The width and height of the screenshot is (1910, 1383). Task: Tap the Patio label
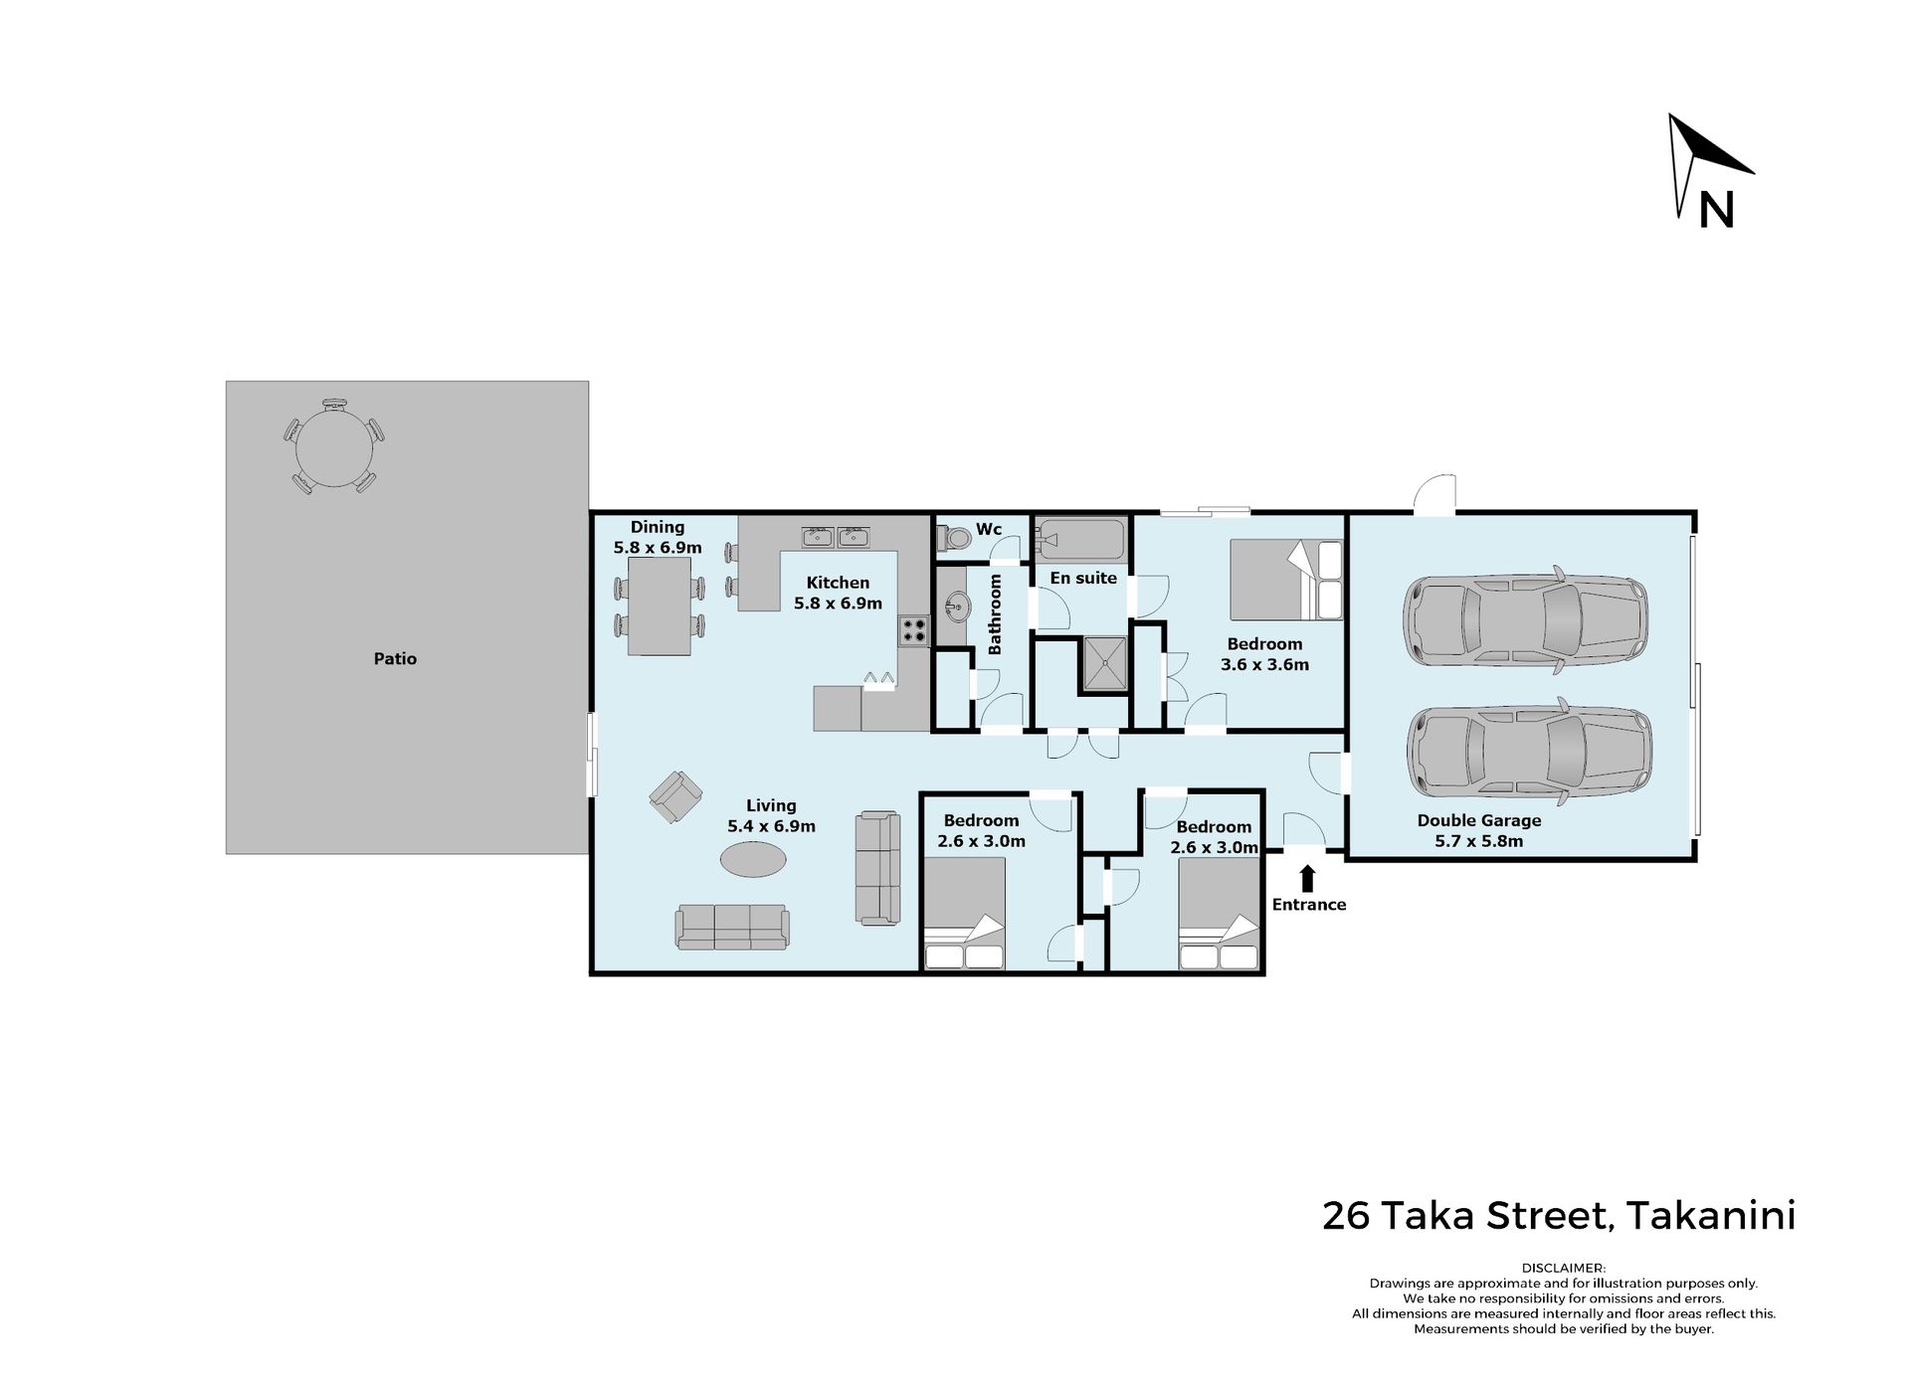point(395,658)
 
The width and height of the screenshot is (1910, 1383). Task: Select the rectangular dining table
point(660,605)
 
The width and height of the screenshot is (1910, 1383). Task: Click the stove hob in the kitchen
point(913,630)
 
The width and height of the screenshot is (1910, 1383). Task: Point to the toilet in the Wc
point(954,538)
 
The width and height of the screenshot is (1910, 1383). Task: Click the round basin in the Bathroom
point(957,605)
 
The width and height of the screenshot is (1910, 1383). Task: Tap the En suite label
point(1083,578)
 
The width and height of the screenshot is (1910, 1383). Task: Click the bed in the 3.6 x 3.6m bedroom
point(1286,580)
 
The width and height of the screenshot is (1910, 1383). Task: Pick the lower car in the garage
point(1530,752)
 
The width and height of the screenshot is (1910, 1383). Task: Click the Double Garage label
point(1479,820)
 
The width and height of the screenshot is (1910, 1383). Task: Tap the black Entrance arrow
point(1307,878)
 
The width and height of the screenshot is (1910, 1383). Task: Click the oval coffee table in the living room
point(753,859)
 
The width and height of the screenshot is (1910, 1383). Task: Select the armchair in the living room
point(675,796)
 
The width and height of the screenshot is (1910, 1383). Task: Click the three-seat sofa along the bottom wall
point(732,927)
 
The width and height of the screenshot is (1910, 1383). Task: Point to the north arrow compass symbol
point(1709,169)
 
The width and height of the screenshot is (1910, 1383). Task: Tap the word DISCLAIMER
point(1563,1268)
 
